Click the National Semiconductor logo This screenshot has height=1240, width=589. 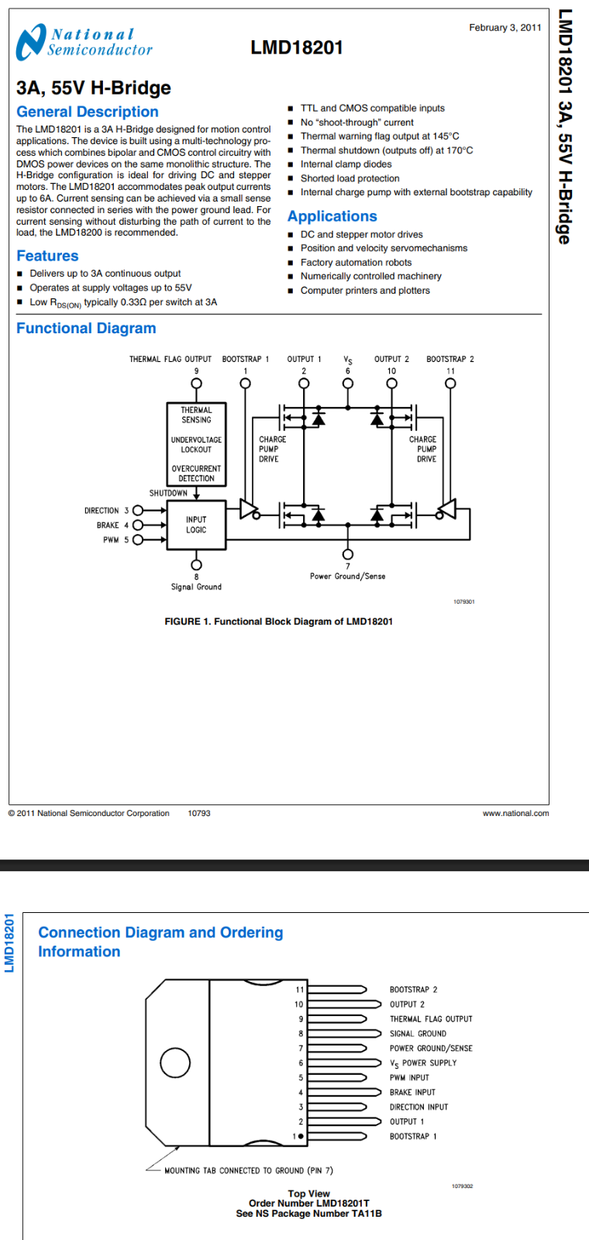point(84,42)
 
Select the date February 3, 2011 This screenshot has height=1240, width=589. point(505,28)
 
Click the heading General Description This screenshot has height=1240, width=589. point(88,112)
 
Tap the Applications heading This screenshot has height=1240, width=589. point(332,216)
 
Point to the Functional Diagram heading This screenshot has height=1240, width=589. point(86,329)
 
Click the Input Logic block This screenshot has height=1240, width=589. point(196,525)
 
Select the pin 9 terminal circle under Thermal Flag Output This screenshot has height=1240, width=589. point(196,384)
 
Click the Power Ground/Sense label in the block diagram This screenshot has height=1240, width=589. point(348,577)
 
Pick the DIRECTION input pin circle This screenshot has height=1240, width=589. point(138,511)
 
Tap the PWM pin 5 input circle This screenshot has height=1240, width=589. point(138,539)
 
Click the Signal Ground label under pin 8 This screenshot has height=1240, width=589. point(196,587)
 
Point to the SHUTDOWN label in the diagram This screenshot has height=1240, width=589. point(168,493)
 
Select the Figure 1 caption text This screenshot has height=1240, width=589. point(278,622)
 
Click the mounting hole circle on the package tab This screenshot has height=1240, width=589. point(175,1063)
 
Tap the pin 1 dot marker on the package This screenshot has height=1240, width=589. point(301,1136)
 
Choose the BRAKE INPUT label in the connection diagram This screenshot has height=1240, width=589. point(412,1092)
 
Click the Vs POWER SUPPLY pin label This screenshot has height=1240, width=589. point(423,1063)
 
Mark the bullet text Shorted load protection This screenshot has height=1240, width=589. point(350,178)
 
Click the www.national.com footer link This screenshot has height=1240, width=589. point(516,813)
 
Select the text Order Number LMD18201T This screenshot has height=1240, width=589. point(309,1203)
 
